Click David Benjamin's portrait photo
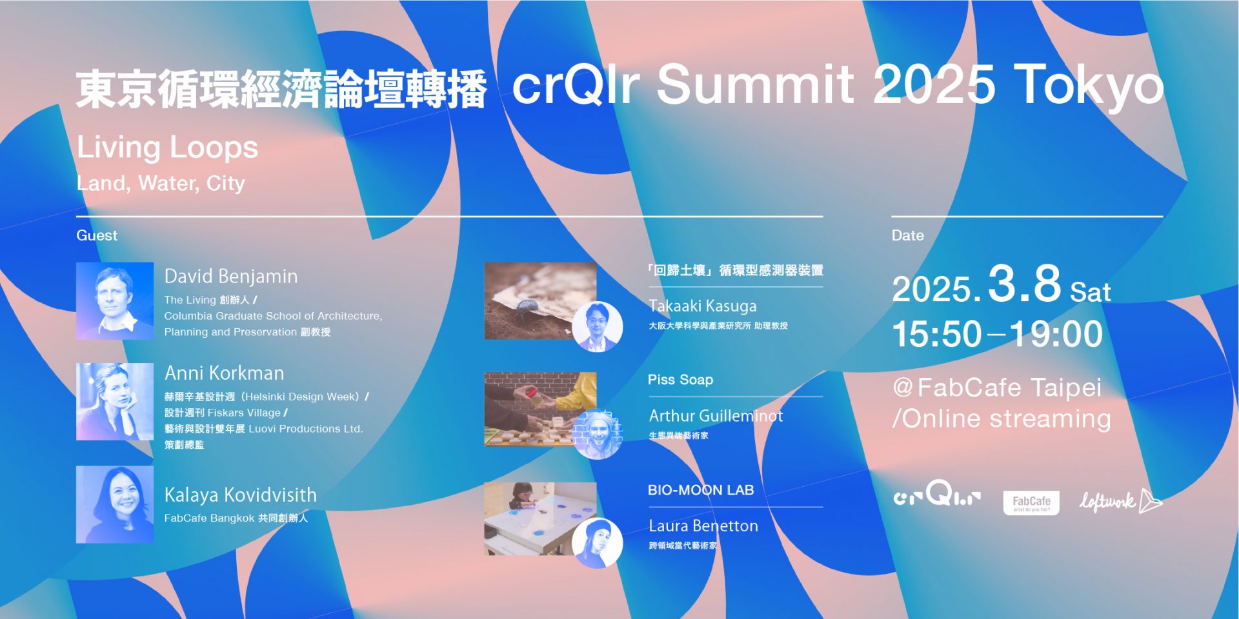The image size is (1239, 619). pyautogui.click(x=115, y=300)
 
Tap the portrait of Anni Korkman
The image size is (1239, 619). pyautogui.click(x=115, y=402)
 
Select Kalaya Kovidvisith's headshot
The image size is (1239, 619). pyautogui.click(x=115, y=504)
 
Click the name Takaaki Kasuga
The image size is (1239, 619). pyautogui.click(x=702, y=306)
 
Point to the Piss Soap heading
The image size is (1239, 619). pyautogui.click(x=680, y=380)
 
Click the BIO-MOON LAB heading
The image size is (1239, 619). pyautogui.click(x=701, y=490)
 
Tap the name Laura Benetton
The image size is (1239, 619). pyautogui.click(x=703, y=526)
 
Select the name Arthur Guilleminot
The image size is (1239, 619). pyautogui.click(x=716, y=416)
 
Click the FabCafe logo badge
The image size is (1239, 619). pyautogui.click(x=1031, y=503)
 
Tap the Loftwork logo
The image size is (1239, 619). pyautogui.click(x=1121, y=501)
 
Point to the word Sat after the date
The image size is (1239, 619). pyautogui.click(x=1091, y=292)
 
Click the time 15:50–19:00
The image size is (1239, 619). pyautogui.click(x=997, y=334)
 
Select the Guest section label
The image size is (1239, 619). pyautogui.click(x=97, y=235)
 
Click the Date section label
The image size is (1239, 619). pyautogui.click(x=907, y=235)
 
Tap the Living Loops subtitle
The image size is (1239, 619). pyautogui.click(x=167, y=148)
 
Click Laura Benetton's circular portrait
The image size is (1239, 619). pyautogui.click(x=597, y=543)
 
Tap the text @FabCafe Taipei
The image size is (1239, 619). pyautogui.click(x=997, y=388)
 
